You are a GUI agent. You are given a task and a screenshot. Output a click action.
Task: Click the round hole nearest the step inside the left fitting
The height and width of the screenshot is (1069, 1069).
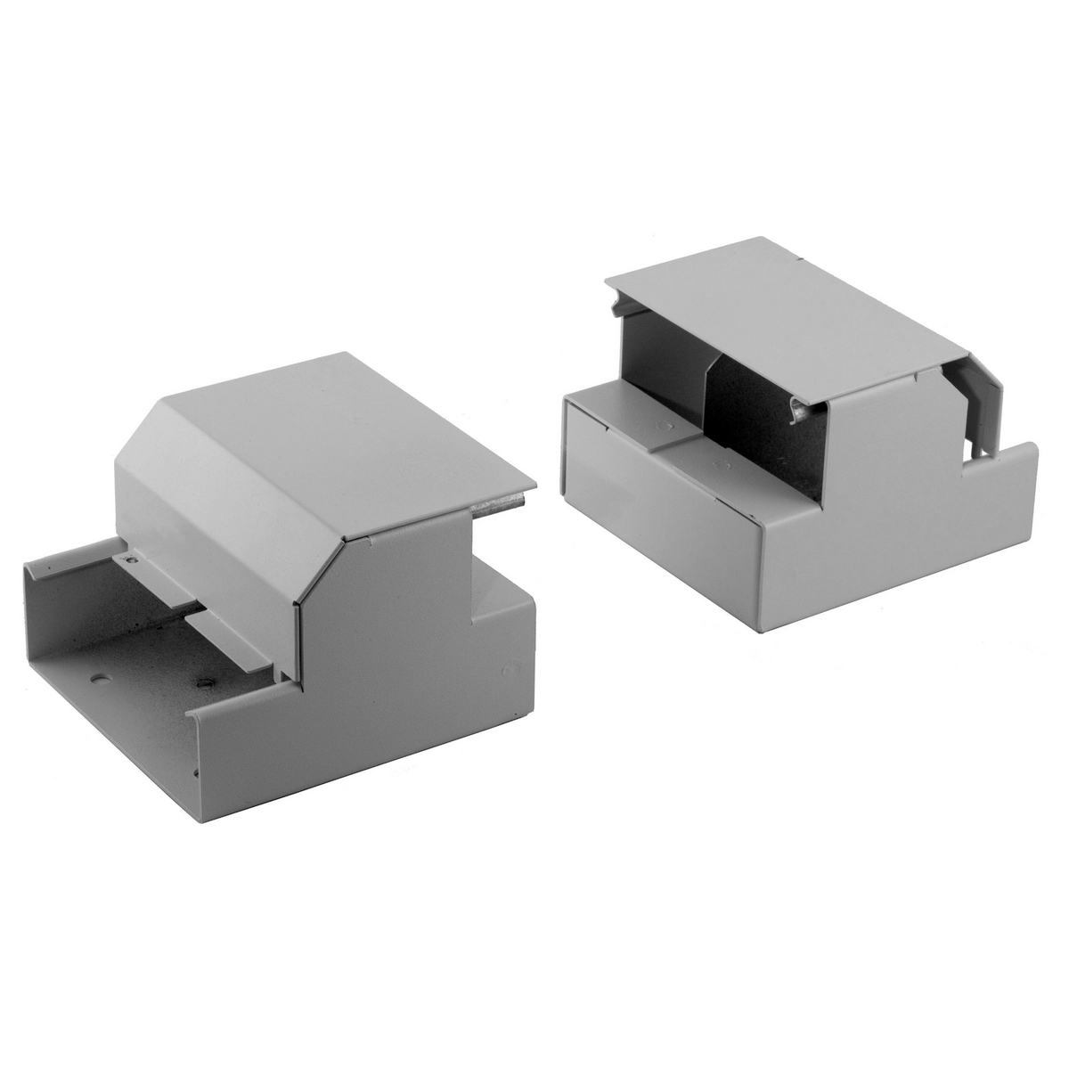point(203,683)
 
